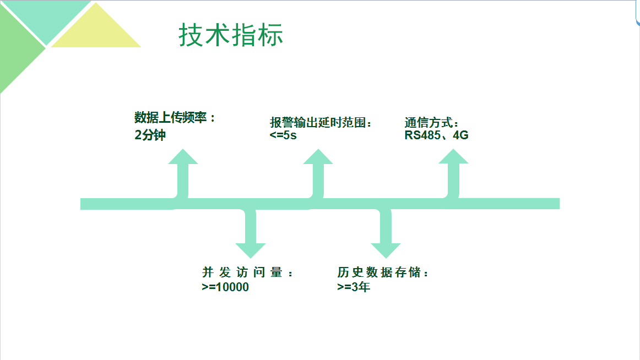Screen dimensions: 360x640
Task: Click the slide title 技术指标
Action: point(231,35)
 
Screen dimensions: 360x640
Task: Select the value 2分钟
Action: point(150,135)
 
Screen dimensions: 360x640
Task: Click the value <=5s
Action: point(283,135)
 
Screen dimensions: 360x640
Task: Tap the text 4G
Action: point(460,135)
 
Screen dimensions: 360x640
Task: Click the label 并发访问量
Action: point(245,272)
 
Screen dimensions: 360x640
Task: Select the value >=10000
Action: point(225,287)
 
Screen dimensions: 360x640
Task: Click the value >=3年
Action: point(354,287)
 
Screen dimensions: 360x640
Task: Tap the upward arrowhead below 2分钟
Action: point(183,157)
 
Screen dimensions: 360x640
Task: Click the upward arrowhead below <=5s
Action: point(318,157)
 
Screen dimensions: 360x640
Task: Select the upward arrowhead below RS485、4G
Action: point(453,157)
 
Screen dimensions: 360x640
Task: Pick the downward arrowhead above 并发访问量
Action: point(250,250)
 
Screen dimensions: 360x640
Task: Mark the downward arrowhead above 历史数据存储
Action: point(386,250)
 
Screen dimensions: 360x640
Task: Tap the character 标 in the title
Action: point(270,35)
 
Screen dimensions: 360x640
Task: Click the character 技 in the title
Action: point(191,35)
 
